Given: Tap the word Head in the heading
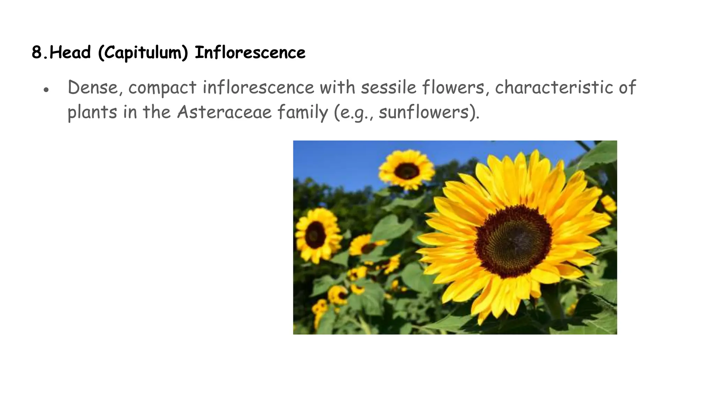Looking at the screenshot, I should pyautogui.click(x=70, y=53).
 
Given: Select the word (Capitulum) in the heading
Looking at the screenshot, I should pyautogui.click(x=143, y=53).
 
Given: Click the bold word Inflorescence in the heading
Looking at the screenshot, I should pyautogui.click(x=250, y=53).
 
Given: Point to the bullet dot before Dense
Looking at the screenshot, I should pyautogui.click(x=46, y=90).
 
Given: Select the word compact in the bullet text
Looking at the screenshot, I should pyautogui.click(x=162, y=88).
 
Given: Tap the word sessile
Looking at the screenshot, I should pyautogui.click(x=388, y=87).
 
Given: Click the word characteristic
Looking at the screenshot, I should pyautogui.click(x=554, y=87).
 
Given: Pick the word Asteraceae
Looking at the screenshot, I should pyautogui.click(x=224, y=112).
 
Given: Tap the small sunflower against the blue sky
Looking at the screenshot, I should pyautogui.click(x=407, y=171).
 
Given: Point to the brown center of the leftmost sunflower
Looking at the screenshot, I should pyautogui.click(x=315, y=235).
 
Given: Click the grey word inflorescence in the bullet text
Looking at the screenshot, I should pyautogui.click(x=258, y=87).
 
